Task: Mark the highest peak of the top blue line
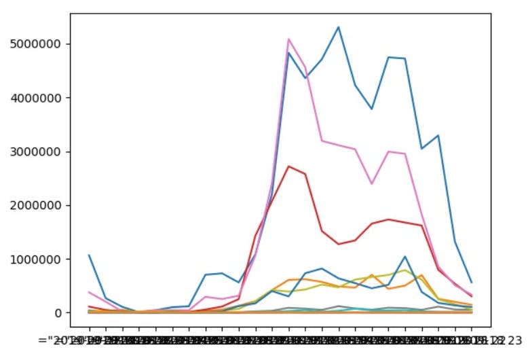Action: point(338,27)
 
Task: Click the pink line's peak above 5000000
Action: point(288,39)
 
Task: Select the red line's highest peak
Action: point(288,166)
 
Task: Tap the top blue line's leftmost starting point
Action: point(89,255)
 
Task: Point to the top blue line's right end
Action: point(472,283)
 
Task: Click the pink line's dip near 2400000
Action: point(371,184)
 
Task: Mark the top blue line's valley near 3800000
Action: point(371,109)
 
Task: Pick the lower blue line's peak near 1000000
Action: point(405,257)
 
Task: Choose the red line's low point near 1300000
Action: point(338,244)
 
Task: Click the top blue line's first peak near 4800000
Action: point(288,53)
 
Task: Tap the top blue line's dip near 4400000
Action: point(305,78)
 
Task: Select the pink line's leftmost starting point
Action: point(89,292)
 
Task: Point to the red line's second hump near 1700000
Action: point(388,219)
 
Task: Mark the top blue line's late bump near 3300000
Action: point(438,135)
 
